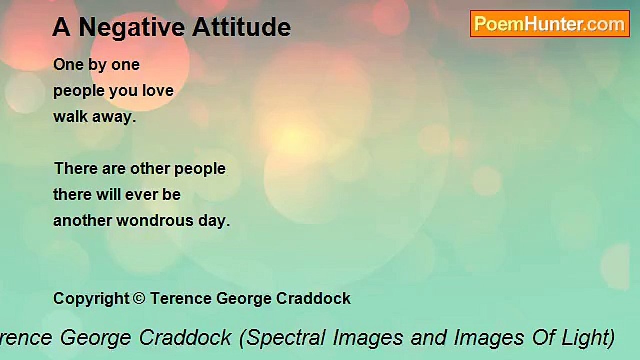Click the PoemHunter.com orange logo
click(x=550, y=24)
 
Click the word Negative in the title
click(x=132, y=28)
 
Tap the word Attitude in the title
click(x=241, y=27)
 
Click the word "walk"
click(x=70, y=116)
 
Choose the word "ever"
click(x=141, y=195)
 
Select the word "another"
click(x=82, y=221)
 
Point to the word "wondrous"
click(x=155, y=221)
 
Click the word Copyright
click(x=91, y=299)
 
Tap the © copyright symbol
click(x=139, y=298)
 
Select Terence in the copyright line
click(x=181, y=298)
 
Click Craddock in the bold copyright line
click(x=313, y=298)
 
